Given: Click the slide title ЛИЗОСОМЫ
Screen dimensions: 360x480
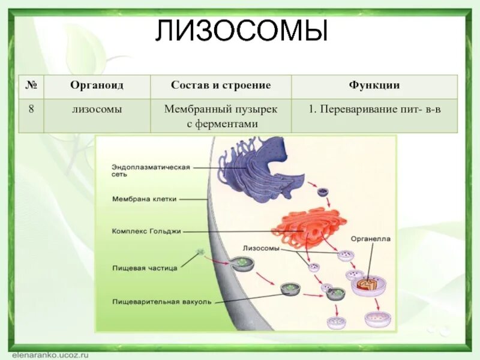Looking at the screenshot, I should (x=241, y=31).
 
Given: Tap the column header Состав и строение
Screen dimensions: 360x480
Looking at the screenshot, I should (x=221, y=86).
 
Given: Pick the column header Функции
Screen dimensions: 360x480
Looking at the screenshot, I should (x=374, y=86).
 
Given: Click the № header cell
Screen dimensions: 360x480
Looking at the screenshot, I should (x=31, y=86).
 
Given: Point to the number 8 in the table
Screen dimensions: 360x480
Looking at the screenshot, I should (x=31, y=109).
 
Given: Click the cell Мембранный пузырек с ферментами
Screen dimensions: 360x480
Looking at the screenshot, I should (x=221, y=116).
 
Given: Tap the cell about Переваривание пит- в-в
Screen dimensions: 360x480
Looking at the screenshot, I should (x=374, y=109).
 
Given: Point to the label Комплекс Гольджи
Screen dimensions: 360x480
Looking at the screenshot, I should (x=146, y=230).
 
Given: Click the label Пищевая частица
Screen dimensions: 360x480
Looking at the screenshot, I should (x=145, y=268).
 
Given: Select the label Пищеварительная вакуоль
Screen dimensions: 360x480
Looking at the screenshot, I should (x=161, y=302).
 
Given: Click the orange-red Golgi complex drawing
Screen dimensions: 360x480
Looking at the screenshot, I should (x=309, y=226).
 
